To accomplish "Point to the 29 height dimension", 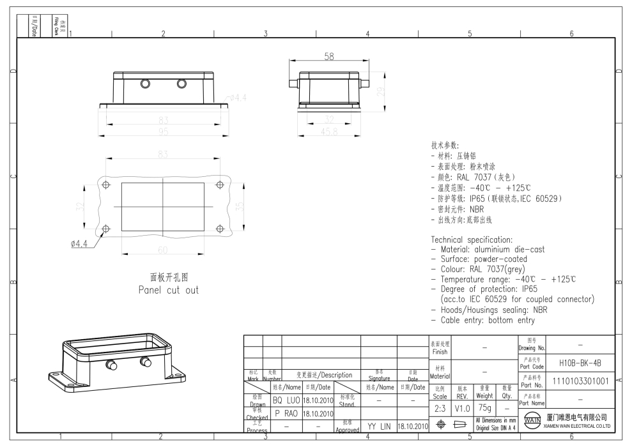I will click(382, 92).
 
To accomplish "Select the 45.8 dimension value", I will click(328, 132).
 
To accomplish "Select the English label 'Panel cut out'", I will click(169, 290).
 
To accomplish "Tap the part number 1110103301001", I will click(580, 381).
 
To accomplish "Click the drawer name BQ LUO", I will click(286, 400).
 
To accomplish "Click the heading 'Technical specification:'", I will click(472, 239).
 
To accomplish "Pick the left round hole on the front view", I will click(144, 84).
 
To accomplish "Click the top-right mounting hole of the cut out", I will click(220, 185).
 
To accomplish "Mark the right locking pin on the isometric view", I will click(146, 363).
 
